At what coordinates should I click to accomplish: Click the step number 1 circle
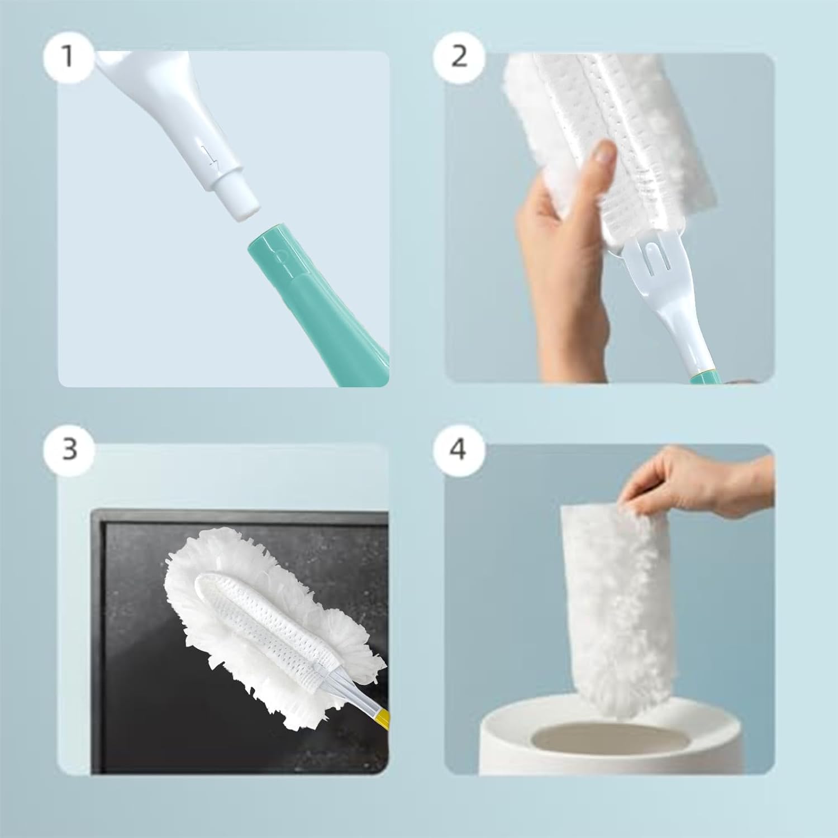[x=68, y=56]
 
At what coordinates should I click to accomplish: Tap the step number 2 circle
[x=459, y=56]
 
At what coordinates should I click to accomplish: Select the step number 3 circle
[x=68, y=448]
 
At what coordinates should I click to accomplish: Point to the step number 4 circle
[x=458, y=448]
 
